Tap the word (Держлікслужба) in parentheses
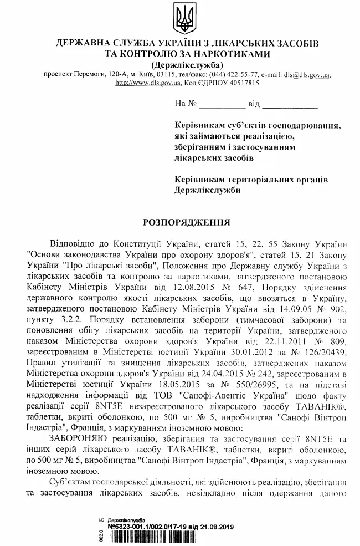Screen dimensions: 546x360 pos(180,64)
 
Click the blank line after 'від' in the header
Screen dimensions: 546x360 pos(289,104)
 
